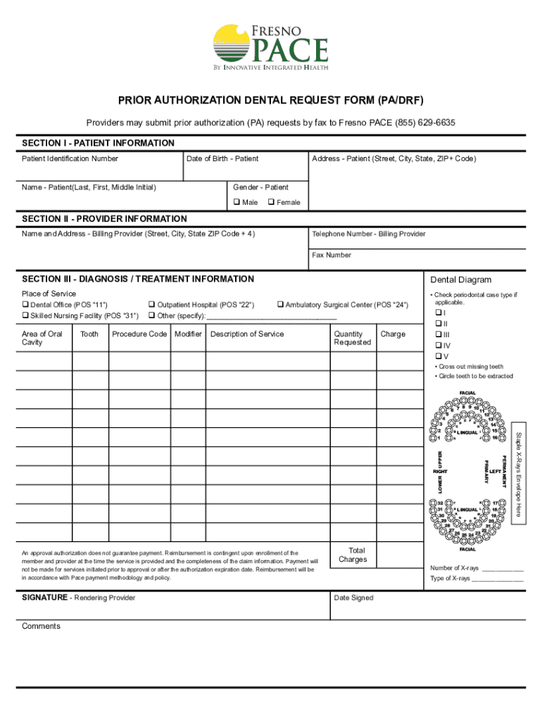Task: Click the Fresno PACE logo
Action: click(270, 47)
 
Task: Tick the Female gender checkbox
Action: click(271, 202)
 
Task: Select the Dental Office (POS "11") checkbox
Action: click(25, 305)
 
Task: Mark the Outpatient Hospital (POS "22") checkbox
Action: click(151, 305)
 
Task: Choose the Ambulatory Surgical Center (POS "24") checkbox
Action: click(280, 305)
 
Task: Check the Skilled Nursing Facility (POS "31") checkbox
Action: click(25, 315)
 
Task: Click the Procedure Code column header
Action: click(139, 334)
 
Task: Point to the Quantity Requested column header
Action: click(352, 338)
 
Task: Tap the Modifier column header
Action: click(188, 334)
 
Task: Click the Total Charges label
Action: click(353, 555)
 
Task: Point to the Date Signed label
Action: click(353, 598)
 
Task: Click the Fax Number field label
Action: click(332, 255)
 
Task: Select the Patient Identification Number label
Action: click(70, 158)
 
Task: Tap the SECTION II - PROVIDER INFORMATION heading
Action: click(104, 219)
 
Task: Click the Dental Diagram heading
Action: click(460, 280)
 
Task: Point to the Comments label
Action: click(41, 626)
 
